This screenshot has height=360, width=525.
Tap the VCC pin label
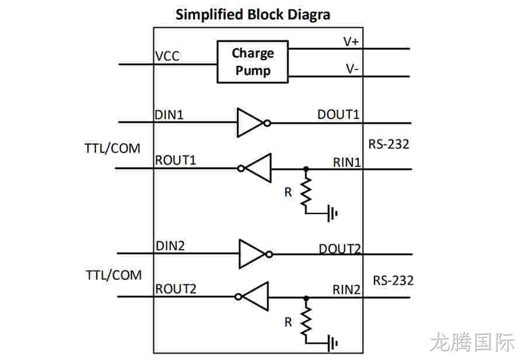click(167, 56)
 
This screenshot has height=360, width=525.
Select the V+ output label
click(351, 41)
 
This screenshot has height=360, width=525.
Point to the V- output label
click(352, 69)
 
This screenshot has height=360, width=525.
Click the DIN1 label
click(169, 115)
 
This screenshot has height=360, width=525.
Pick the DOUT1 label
click(338, 114)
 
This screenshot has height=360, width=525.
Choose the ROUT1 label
click(176, 160)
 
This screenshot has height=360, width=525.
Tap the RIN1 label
click(347, 162)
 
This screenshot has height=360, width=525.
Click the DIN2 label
click(170, 246)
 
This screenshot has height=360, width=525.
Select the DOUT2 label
click(339, 249)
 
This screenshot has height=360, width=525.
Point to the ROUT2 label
click(176, 289)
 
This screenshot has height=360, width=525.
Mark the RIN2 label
click(346, 289)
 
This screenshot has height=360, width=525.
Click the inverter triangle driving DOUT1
click(250, 123)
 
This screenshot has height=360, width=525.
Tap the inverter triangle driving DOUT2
click(252, 254)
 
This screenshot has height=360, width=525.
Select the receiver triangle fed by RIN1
click(258, 168)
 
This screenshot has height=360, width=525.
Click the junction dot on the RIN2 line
click(306, 298)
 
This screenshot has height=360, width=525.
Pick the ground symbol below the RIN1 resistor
click(332, 213)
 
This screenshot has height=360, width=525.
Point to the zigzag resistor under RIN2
click(306, 321)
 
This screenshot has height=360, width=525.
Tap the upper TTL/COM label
click(112, 148)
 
